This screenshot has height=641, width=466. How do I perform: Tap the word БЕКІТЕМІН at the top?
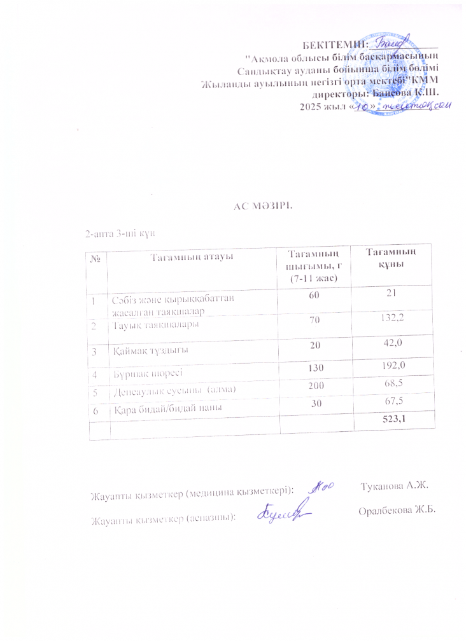(336, 45)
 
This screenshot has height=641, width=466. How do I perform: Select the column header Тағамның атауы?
(190, 256)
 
